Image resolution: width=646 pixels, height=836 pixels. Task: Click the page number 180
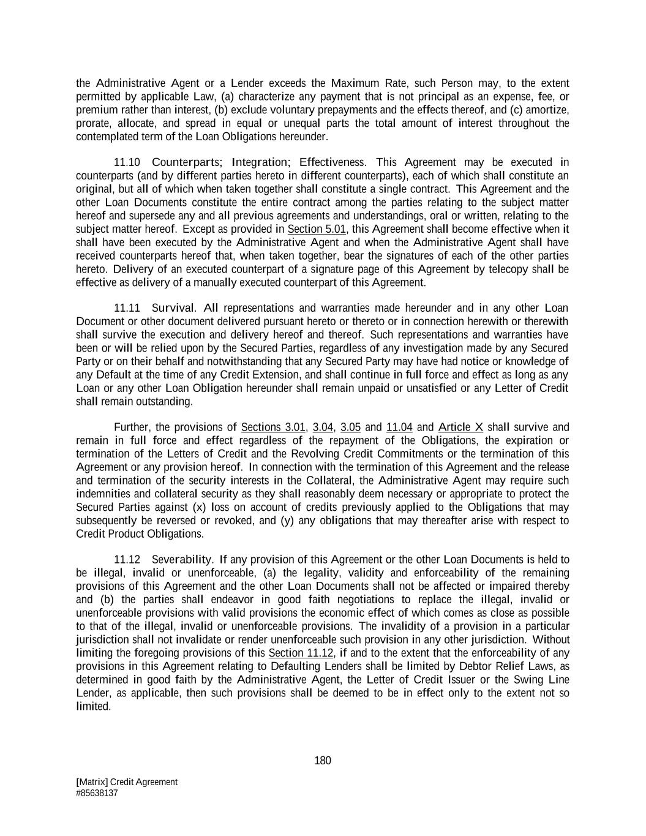click(x=323, y=761)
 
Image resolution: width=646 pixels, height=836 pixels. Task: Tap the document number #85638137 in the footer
click(x=97, y=793)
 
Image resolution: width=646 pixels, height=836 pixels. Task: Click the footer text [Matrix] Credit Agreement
click(x=127, y=782)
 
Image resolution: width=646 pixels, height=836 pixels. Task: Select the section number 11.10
click(x=127, y=162)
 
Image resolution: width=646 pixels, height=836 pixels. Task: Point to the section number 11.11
click(x=127, y=308)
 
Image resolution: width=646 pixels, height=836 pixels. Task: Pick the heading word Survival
click(x=173, y=308)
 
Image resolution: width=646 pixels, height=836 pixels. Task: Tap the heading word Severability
click(x=182, y=560)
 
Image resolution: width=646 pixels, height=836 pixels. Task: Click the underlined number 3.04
click(x=323, y=427)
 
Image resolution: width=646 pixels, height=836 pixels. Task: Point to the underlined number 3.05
click(x=351, y=427)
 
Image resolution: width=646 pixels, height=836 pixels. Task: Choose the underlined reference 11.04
click(x=399, y=427)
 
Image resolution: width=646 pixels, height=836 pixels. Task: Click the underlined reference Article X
click(x=460, y=427)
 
